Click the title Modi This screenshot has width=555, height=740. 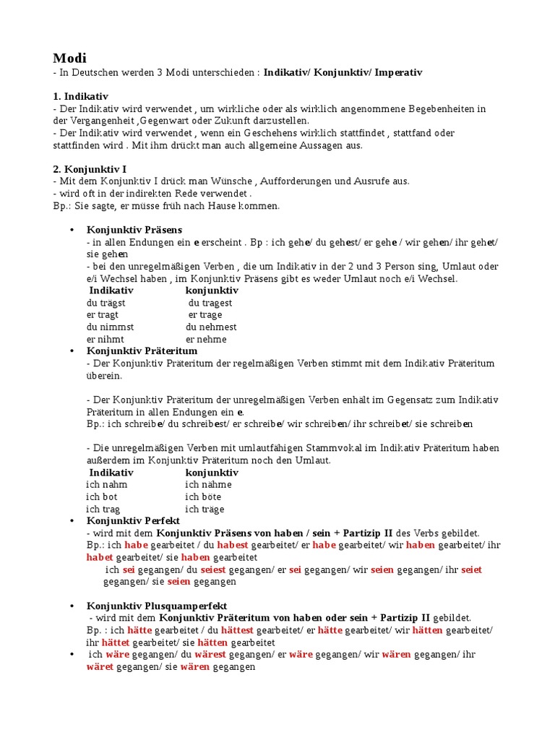70,58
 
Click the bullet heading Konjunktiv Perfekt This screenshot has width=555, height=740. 133,520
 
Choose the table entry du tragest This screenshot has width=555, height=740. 210,302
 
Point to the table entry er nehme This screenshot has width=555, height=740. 206,339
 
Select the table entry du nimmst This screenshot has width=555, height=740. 110,327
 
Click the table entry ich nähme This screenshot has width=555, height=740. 208,484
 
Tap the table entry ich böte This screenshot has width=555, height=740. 203,496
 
